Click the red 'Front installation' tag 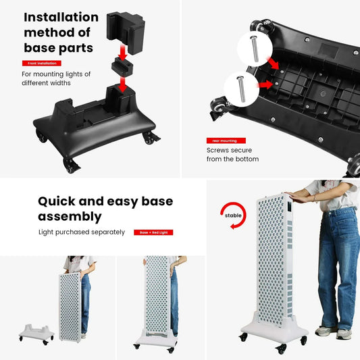pyautogui.click(x=41, y=63)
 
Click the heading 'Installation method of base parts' pyautogui.click(x=61, y=32)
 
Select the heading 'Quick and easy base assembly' pyautogui.click(x=105, y=209)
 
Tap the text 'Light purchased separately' pyautogui.click(x=81, y=232)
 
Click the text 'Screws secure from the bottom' pyautogui.click(x=232, y=155)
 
